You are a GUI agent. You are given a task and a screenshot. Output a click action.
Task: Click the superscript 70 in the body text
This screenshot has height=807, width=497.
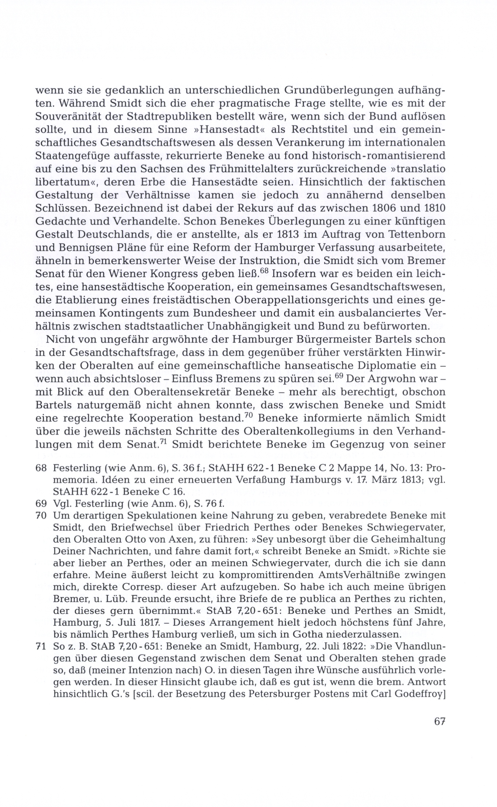(248, 415)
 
